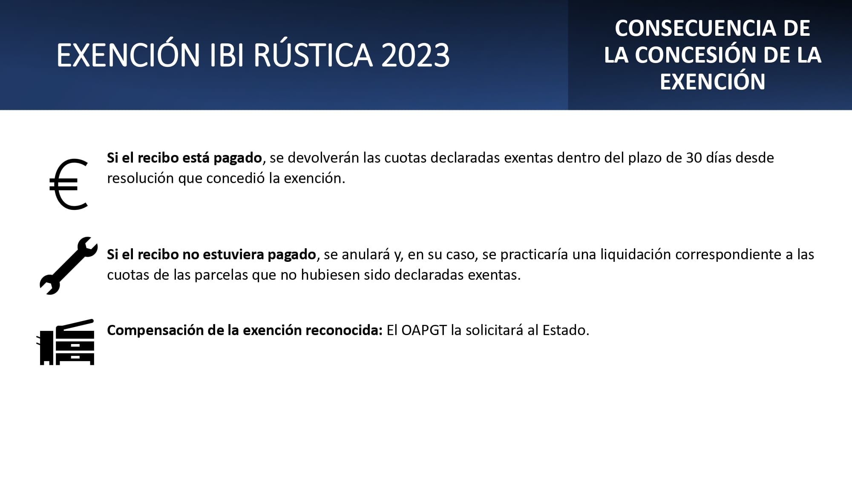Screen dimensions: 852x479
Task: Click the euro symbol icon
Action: pyautogui.click(x=69, y=184)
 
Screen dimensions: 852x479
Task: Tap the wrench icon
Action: pyautogui.click(x=69, y=266)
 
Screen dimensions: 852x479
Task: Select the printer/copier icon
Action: pyautogui.click(x=66, y=342)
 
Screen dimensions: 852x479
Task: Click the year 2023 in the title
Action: pyautogui.click(x=415, y=55)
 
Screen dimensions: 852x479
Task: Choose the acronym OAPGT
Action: pyautogui.click(x=424, y=330)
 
